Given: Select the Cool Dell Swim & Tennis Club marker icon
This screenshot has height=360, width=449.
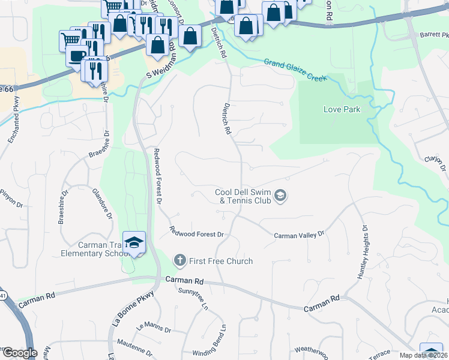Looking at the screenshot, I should pos(280,196).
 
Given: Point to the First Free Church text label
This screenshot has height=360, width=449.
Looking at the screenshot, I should pos(221,261).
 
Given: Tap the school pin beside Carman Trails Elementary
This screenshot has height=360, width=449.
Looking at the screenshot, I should pos(135,242).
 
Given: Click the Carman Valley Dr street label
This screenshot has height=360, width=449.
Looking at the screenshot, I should pos(299,235).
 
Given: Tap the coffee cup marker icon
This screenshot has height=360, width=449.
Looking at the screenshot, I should pos(75,56).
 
